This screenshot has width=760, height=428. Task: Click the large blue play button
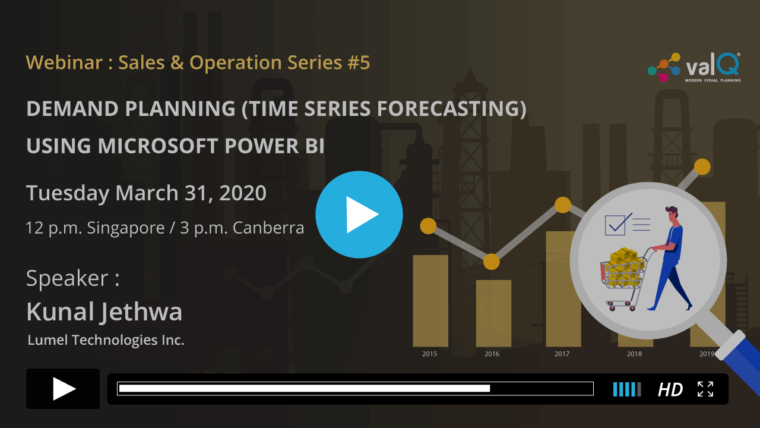coord(359,215)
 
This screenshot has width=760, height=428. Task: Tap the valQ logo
coord(693,67)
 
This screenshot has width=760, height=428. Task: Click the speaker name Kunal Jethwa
coord(104,311)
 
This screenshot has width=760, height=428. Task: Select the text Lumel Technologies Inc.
coord(106,340)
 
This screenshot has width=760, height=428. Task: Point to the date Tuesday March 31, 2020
coord(146,193)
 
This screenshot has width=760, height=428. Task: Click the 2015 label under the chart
coord(429,354)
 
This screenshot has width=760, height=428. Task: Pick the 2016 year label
coord(492,354)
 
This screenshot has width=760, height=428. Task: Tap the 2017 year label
coord(562,354)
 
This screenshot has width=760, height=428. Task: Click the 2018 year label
coord(634,354)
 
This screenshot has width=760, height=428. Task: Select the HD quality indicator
coord(670,389)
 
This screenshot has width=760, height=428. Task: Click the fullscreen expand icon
coord(705,389)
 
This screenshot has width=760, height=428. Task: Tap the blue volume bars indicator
coord(626,389)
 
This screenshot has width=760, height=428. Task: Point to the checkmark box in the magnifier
coord(615,225)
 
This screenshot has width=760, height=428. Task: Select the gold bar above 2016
coord(493,312)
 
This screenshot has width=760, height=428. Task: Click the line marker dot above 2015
coord(428,226)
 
